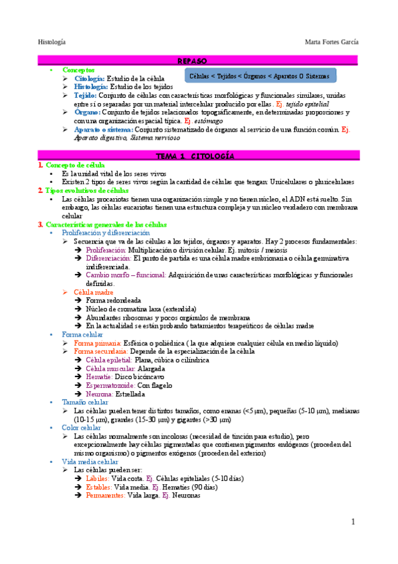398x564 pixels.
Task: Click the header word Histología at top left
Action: [51, 42]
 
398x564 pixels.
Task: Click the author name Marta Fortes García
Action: [331, 42]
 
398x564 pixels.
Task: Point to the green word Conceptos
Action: [78, 70]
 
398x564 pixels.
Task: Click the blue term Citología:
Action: [90, 78]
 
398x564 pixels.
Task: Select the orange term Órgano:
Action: [88, 112]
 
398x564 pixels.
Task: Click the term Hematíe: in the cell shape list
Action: [100, 376]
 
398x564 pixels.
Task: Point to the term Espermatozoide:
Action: [110, 384]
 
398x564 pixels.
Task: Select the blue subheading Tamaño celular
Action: [86, 402]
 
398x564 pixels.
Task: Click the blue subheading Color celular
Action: [82, 428]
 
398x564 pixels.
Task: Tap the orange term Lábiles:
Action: [97, 478]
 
